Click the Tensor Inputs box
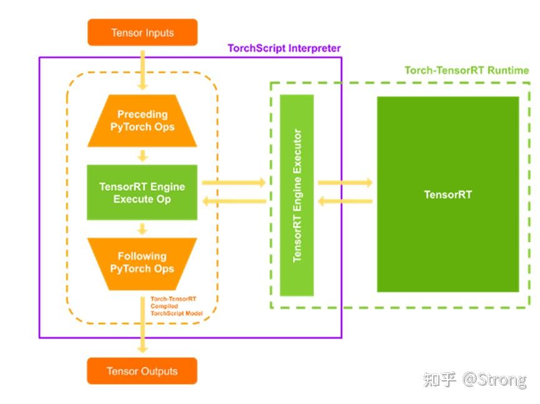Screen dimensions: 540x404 pyautogui.click(x=142, y=32)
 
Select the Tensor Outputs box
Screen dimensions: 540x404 pyautogui.click(x=142, y=371)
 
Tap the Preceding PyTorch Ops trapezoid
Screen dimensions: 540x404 pyautogui.click(x=142, y=121)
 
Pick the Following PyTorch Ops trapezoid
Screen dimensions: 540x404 pyautogui.click(x=142, y=264)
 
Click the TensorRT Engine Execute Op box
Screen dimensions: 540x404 pyautogui.click(x=142, y=192)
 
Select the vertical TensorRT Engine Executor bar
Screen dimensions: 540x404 pyautogui.click(x=297, y=195)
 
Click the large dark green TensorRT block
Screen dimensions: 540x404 pyautogui.click(x=448, y=194)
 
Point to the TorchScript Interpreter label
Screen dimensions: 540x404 pyautogui.click(x=284, y=48)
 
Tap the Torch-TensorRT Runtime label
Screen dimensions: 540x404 pyautogui.click(x=466, y=71)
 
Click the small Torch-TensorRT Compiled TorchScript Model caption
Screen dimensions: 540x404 pyautogui.click(x=176, y=306)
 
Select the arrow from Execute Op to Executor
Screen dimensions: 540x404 pyautogui.click(x=234, y=182)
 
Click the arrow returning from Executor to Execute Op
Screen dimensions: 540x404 pyautogui.click(x=234, y=201)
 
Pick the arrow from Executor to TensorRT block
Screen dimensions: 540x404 pyautogui.click(x=345, y=182)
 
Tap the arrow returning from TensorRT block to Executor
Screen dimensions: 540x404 pyautogui.click(x=345, y=201)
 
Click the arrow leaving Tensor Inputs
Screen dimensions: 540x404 pyautogui.click(x=142, y=71)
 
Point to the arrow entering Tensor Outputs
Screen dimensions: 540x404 pyautogui.click(x=142, y=325)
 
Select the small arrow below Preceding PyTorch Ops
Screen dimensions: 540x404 pyautogui.click(x=142, y=155)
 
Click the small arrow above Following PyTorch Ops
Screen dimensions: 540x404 pyautogui.click(x=142, y=229)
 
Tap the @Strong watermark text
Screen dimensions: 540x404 pyautogui.click(x=494, y=380)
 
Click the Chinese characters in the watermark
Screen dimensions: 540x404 pyautogui.click(x=439, y=380)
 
